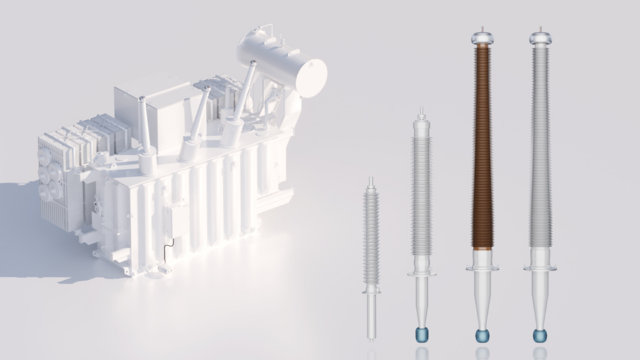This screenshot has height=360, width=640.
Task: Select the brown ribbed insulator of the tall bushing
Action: click(482, 147)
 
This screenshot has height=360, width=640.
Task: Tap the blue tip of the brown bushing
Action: click(482, 335)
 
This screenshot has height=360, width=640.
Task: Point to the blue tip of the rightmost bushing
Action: click(540, 335)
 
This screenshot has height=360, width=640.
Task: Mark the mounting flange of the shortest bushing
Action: click(371, 291)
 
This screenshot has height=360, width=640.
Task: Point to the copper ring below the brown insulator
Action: click(482, 248)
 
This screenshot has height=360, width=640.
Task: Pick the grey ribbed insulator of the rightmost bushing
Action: click(540, 147)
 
